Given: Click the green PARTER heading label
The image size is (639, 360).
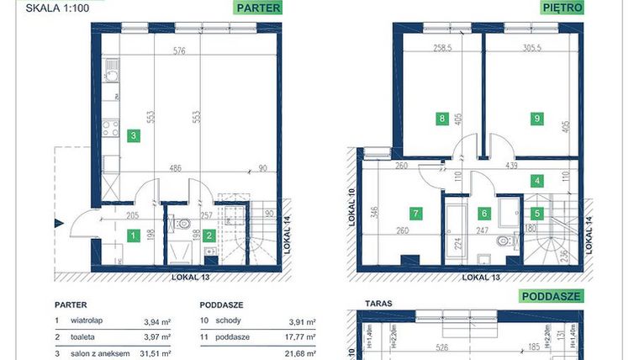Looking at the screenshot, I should pyautogui.click(x=258, y=8).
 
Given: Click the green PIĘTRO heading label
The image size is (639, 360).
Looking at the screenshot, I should pyautogui.click(x=562, y=8).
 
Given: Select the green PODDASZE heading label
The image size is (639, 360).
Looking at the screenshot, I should pyautogui.click(x=552, y=296).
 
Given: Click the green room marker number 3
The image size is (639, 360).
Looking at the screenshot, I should pyautogui.click(x=132, y=134).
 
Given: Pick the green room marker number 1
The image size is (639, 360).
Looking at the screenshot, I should pyautogui.click(x=132, y=236).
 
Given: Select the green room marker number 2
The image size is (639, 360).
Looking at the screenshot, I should pyautogui.click(x=213, y=236).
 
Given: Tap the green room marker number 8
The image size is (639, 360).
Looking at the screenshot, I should pyautogui.click(x=441, y=119).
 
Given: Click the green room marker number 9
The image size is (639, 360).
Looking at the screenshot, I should pyautogui.click(x=536, y=119).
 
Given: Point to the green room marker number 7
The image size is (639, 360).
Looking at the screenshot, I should pyautogui.click(x=414, y=214).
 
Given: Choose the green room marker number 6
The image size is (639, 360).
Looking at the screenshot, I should pyautogui.click(x=484, y=214).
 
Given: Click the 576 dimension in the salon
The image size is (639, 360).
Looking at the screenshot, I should pyautogui.click(x=179, y=50).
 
